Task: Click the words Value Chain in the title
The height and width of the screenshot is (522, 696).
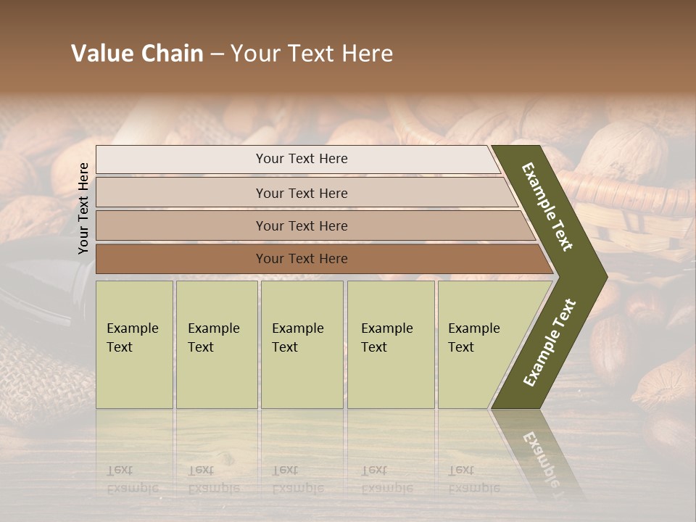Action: [137, 54]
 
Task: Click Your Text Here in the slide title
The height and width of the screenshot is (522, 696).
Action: [312, 54]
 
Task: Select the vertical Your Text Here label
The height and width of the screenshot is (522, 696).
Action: [83, 208]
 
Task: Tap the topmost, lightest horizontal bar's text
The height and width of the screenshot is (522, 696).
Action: [302, 159]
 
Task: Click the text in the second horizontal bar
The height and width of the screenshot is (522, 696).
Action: [302, 194]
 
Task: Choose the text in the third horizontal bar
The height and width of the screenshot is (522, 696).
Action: [302, 226]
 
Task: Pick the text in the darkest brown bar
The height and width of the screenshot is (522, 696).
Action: [302, 259]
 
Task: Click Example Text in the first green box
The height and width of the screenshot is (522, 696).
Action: [132, 338]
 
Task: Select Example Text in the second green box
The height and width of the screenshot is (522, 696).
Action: [213, 338]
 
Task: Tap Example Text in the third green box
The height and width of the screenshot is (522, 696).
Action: [297, 338]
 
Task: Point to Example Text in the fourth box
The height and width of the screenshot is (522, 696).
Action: [386, 338]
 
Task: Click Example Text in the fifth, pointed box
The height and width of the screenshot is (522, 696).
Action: [473, 338]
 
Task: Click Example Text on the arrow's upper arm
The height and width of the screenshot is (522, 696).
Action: [548, 207]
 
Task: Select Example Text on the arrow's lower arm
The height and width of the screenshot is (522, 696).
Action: [550, 343]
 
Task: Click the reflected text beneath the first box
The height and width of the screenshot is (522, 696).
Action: [132, 479]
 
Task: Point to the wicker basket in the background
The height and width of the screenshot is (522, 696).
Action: [638, 210]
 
